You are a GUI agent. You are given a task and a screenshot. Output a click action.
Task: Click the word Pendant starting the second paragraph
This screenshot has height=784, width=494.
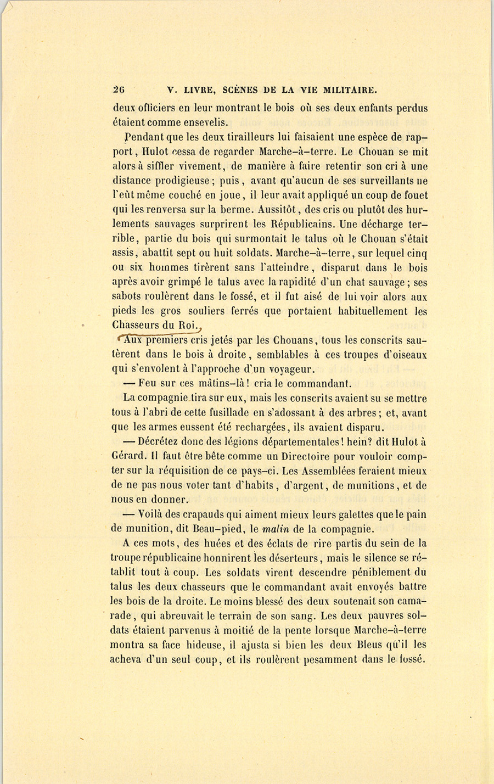tap(143, 137)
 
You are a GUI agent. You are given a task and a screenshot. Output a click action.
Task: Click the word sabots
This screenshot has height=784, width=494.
tap(126, 296)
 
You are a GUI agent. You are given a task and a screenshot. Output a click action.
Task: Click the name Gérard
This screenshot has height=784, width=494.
tap(127, 456)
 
